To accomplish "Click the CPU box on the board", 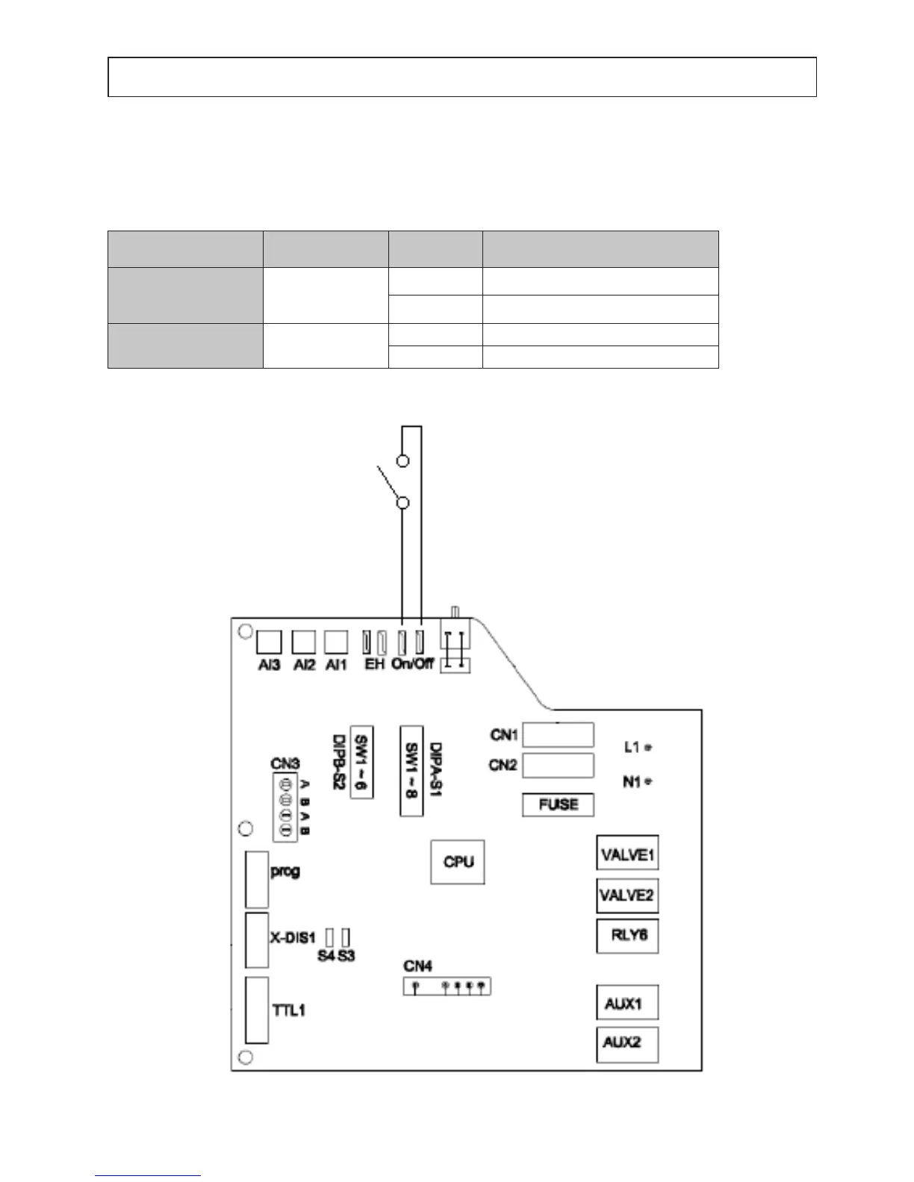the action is click(x=458, y=862).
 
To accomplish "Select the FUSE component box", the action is click(x=558, y=805).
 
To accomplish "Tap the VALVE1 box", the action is click(x=627, y=853).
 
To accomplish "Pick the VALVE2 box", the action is click(x=627, y=895).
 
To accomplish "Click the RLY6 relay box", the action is click(x=627, y=936).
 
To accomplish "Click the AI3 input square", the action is click(x=269, y=642).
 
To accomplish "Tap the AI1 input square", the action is click(x=337, y=642).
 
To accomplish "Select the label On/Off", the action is click(x=412, y=663).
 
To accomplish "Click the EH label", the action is click(x=374, y=663).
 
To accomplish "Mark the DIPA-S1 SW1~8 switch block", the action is click(x=411, y=770).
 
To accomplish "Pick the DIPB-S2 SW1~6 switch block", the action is click(x=362, y=761).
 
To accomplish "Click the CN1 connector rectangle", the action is click(x=558, y=735).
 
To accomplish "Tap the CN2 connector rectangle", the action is click(x=558, y=766).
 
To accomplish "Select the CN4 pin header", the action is click(x=447, y=986).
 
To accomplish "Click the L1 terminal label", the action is click(x=632, y=746).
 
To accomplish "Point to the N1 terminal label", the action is click(x=632, y=782).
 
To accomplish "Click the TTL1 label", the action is click(x=288, y=1010).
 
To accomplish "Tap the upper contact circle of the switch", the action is click(x=403, y=460).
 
